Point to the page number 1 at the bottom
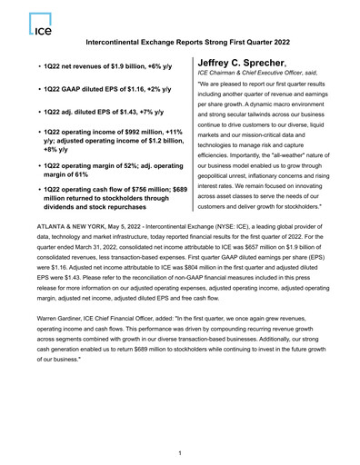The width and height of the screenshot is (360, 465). tap(181, 452)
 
